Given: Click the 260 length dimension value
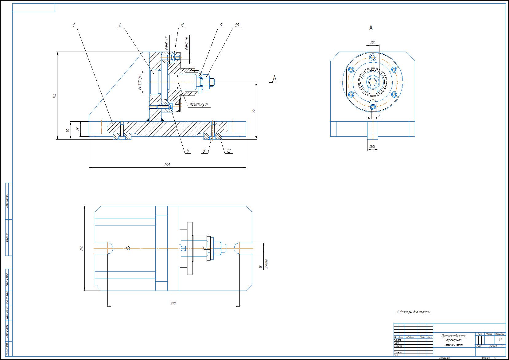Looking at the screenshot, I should pyautogui.click(x=167, y=165).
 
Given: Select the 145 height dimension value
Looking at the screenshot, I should pyautogui.click(x=54, y=96).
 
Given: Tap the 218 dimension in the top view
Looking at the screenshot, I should pyautogui.click(x=173, y=303).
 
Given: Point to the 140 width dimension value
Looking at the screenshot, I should pyautogui.click(x=81, y=248).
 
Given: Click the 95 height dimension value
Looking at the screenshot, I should pyautogui.click(x=253, y=111).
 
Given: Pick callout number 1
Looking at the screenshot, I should pyautogui.click(x=74, y=25).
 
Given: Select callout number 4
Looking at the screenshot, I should pyautogui.click(x=120, y=25).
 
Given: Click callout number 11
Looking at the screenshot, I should pyautogui.click(x=182, y=25).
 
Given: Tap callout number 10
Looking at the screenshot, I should pyautogui.click(x=237, y=25).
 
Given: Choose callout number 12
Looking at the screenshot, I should pyautogui.click(x=228, y=151).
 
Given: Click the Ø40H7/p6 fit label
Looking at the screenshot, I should pyautogui.click(x=141, y=83).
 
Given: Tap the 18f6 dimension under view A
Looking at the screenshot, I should pyautogui.click(x=372, y=147).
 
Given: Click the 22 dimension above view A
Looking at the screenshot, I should pyautogui.click(x=372, y=43).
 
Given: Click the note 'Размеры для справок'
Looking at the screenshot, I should pyautogui.click(x=414, y=312).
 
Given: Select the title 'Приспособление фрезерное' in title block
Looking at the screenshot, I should pyautogui.click(x=453, y=338).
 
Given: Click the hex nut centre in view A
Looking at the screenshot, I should pyautogui.click(x=373, y=82).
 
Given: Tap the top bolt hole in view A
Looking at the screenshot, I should pyautogui.click(x=373, y=57).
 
